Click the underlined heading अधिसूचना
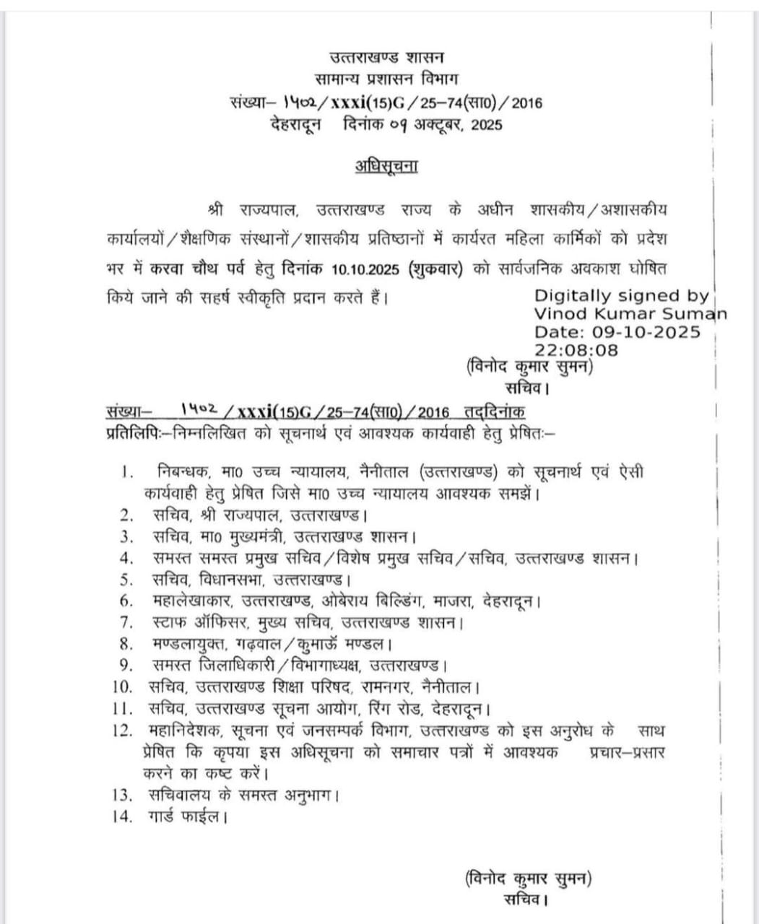386,165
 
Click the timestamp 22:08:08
576,350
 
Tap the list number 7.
127,622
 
